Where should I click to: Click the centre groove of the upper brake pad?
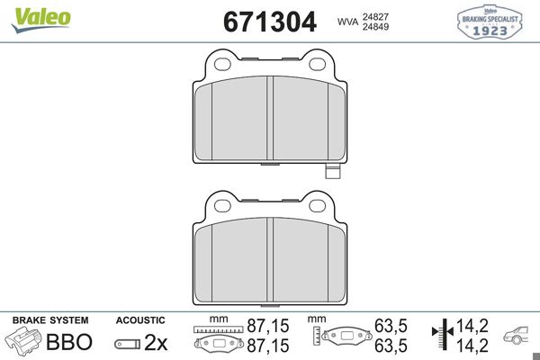(271, 118)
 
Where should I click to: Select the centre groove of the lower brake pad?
(271, 260)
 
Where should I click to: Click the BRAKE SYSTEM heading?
(49, 319)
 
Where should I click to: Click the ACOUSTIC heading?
(139, 319)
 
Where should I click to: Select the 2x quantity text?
(157, 342)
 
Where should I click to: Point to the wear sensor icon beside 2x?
(127, 343)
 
